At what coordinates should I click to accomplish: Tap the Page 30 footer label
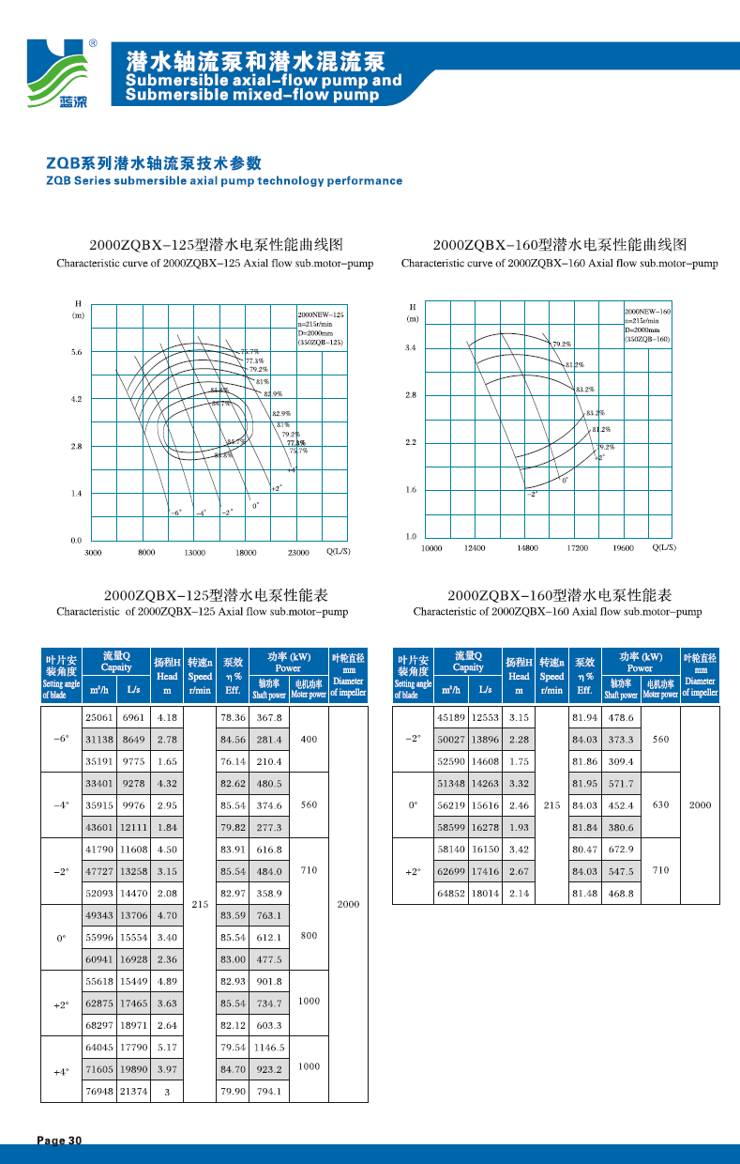[61, 1140]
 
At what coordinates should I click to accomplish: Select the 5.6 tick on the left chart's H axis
[77, 353]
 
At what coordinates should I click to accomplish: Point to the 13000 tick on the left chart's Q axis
[194, 553]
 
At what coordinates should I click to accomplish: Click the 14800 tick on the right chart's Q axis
[528, 547]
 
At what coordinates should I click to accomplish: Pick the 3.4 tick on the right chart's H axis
[411, 348]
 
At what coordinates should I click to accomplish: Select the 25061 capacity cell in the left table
[99, 717]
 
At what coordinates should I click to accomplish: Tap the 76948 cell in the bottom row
[99, 1092]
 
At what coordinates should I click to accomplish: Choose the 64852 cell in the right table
[451, 893]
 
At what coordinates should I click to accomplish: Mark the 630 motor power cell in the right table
[660, 804]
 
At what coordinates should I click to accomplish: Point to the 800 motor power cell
[309, 936]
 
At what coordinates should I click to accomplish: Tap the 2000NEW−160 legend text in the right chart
[648, 311]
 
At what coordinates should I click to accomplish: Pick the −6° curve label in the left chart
[175, 513]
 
